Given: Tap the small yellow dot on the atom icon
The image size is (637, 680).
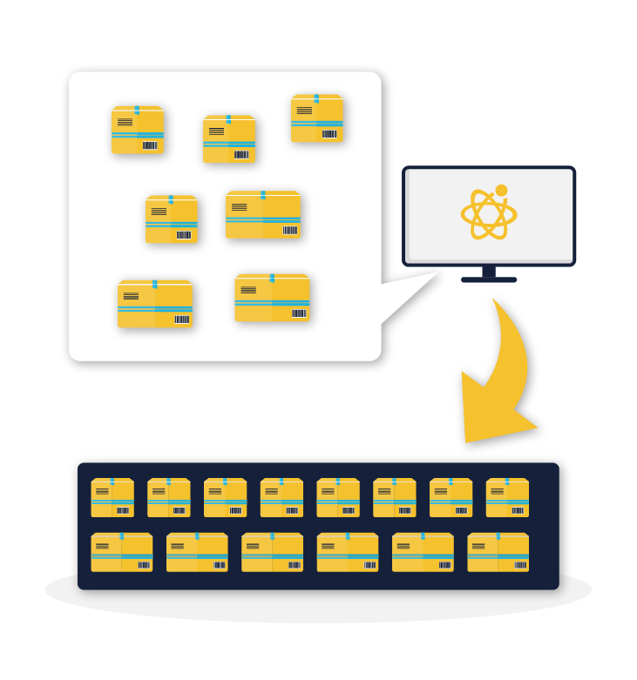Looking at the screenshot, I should [501, 190].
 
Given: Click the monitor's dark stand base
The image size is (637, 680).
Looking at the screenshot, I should [489, 279].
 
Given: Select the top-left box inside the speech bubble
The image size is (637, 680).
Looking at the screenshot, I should [138, 131].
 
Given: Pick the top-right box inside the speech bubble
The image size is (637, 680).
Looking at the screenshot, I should [316, 118].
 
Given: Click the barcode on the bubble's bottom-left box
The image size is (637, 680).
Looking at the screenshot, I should [181, 319].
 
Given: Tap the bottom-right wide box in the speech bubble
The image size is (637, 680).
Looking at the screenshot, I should [272, 299].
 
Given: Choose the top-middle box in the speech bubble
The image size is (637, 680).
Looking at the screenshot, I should [229, 139].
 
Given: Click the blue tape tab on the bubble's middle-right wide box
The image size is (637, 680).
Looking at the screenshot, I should [262, 195].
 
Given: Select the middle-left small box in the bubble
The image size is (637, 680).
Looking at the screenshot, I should [172, 219].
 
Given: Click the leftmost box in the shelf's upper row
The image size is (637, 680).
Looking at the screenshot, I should [112, 497].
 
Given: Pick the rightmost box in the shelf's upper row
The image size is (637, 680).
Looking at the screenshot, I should [507, 497].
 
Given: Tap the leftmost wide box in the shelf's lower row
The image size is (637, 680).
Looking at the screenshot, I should [122, 553].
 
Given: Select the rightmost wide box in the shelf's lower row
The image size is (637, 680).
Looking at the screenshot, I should [498, 553].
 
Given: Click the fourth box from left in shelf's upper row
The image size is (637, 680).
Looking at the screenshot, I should [281, 497].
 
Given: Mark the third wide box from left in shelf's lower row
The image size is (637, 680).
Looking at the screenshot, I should [272, 553].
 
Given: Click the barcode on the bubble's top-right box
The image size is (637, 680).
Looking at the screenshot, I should [329, 134].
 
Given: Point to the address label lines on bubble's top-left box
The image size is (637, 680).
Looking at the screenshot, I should [125, 122].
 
